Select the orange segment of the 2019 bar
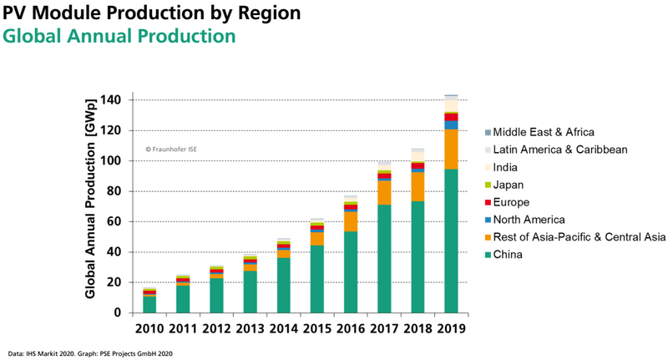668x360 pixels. click(x=451, y=149)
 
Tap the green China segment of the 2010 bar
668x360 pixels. click(x=149, y=304)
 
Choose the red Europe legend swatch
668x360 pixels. click(x=486, y=202)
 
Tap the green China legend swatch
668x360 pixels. click(x=486, y=255)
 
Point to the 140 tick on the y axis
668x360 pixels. click(x=110, y=100)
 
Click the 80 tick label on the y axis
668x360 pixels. click(x=114, y=191)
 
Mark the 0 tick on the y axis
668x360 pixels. click(x=118, y=313)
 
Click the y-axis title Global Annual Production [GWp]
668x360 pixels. click(x=89, y=207)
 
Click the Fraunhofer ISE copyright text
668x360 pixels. click(x=171, y=150)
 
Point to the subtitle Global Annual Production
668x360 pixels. click(x=119, y=38)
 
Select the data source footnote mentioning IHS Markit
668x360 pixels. click(x=91, y=353)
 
